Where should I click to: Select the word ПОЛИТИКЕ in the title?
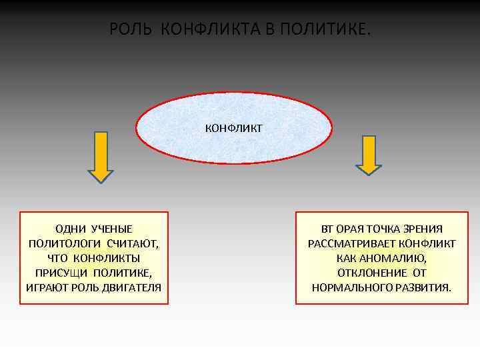[x=327, y=30]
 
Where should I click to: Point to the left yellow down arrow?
[x=101, y=156]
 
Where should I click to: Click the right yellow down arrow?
[x=368, y=155]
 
